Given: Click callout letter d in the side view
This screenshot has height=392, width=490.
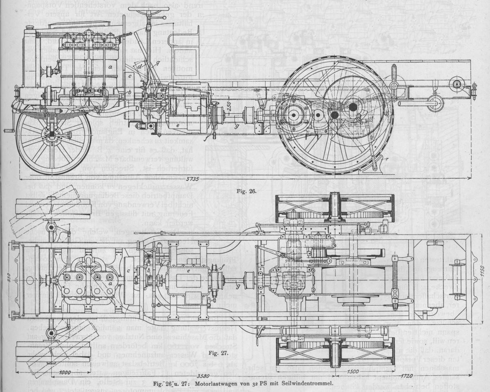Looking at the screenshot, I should (x=140, y=66).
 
